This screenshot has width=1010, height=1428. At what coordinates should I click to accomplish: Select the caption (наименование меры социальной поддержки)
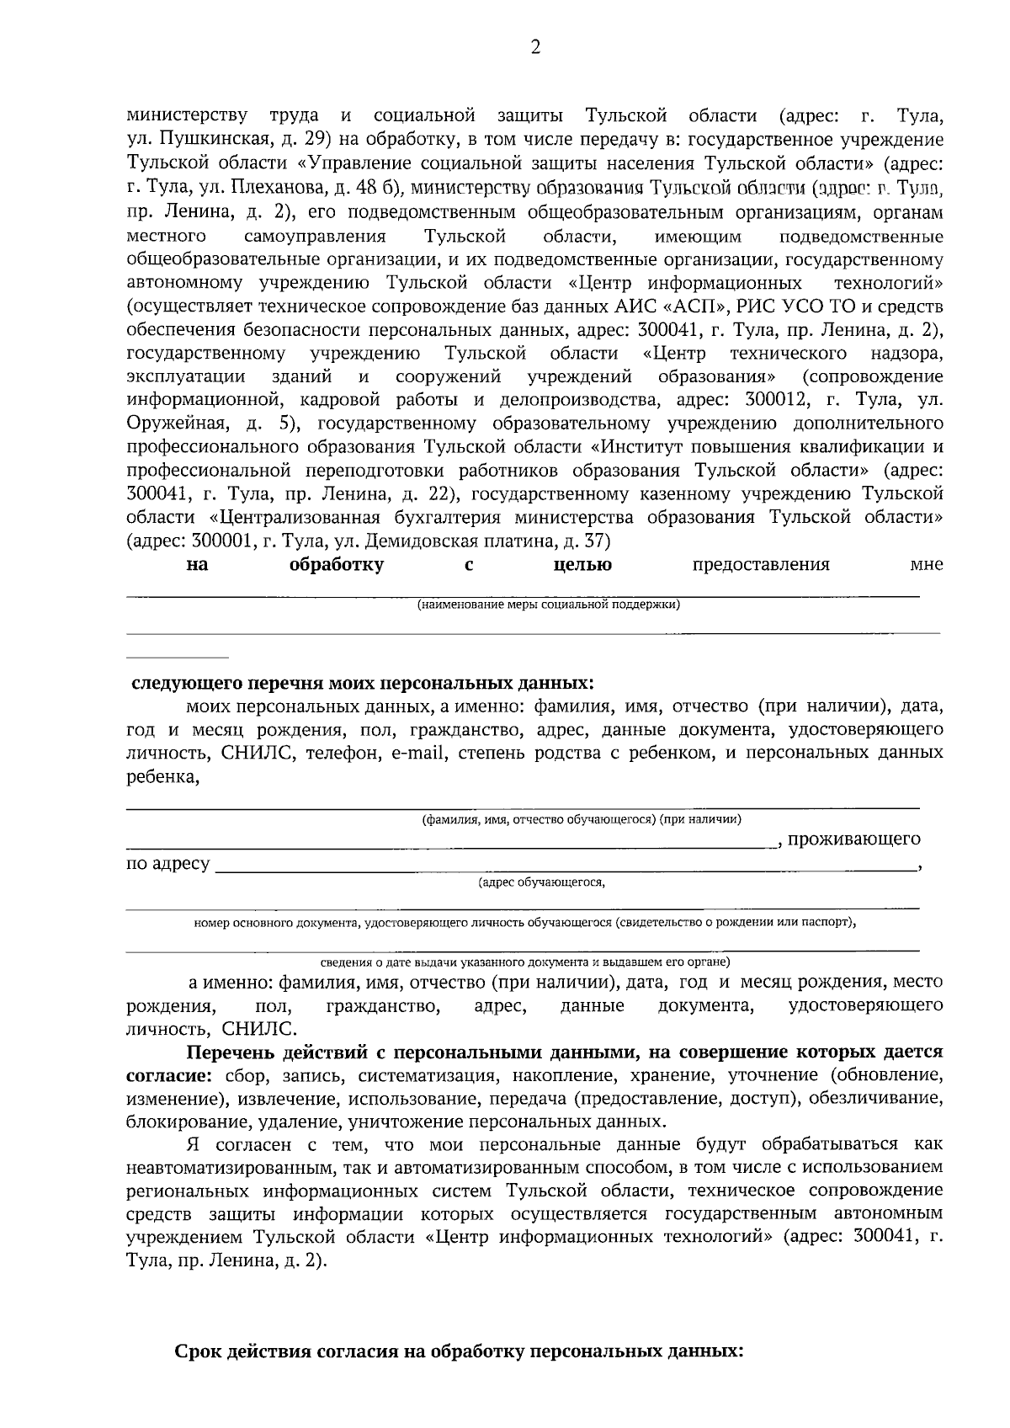click(x=548, y=605)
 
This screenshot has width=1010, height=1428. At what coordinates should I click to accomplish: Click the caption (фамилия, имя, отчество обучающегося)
click(x=581, y=818)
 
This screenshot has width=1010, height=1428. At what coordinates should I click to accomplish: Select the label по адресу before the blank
click(x=167, y=864)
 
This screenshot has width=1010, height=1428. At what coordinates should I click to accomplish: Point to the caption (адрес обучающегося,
click(x=541, y=882)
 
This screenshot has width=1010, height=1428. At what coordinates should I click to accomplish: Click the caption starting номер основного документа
click(x=524, y=923)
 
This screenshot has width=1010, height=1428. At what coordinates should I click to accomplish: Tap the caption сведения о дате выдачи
click(x=525, y=962)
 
